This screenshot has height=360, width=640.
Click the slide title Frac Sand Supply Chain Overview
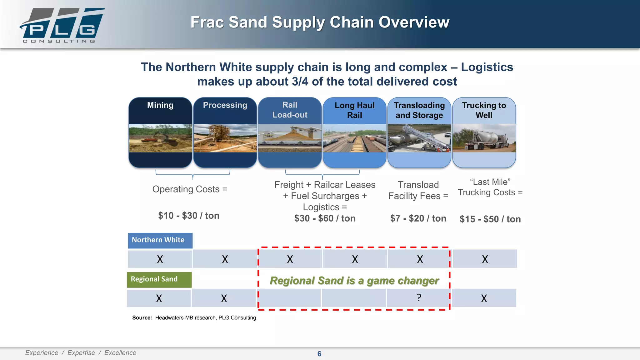tap(320, 22)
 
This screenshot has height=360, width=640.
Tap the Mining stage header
tap(160, 105)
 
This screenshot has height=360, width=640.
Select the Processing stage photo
tap(225, 138)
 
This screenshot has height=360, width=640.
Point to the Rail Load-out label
tap(290, 110)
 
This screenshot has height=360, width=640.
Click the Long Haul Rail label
tap(354, 110)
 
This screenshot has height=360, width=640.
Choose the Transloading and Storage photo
tap(419, 138)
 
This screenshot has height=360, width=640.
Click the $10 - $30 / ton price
tap(189, 216)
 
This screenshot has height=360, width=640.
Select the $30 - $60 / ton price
tap(325, 218)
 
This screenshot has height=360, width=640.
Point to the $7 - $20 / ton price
tap(418, 218)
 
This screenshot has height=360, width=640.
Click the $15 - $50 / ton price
tap(490, 219)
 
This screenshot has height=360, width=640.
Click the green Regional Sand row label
tap(159, 279)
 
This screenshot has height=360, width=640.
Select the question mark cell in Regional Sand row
tap(419, 298)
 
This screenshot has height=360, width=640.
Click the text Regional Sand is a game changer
tap(354, 281)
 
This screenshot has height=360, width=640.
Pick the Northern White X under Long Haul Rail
tap(355, 259)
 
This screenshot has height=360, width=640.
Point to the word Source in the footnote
tap(142, 318)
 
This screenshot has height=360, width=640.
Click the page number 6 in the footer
tap(319, 354)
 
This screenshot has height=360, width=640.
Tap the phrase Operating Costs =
tap(190, 189)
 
